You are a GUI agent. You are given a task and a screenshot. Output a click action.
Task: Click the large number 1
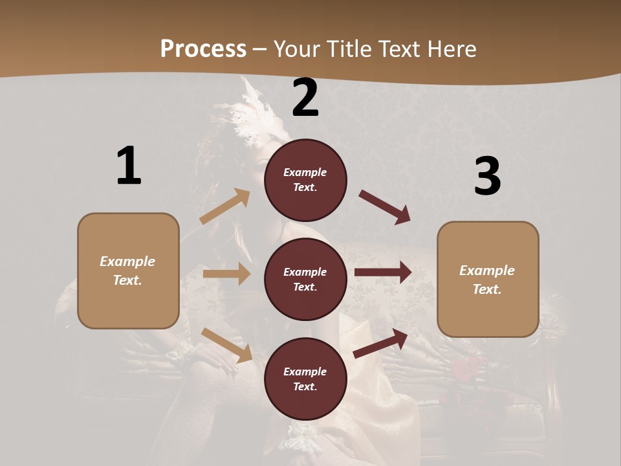point(129,166)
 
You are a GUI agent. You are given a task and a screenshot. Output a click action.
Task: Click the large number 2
point(305,98)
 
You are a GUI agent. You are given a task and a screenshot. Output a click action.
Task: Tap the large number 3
point(487,177)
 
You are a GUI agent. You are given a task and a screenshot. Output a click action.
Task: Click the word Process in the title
point(203,49)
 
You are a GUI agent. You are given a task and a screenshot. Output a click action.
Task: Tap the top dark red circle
point(305,180)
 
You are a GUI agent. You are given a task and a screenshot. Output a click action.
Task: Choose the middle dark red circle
point(305,279)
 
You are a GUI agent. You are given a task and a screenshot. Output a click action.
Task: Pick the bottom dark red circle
point(305,379)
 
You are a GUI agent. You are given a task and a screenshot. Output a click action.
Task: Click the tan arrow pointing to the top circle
point(224,206)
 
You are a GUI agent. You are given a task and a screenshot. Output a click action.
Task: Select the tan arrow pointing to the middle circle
point(226,274)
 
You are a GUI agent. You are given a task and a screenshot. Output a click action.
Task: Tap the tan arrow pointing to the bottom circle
point(227,345)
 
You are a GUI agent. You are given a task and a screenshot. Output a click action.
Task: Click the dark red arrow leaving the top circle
point(385,206)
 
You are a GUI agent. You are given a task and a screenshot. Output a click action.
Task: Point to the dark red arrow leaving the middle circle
point(383,272)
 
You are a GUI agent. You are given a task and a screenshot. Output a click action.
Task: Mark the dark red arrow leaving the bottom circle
point(381,343)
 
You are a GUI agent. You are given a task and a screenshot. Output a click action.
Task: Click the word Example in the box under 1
point(127,261)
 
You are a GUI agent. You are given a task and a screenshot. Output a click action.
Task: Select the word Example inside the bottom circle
point(305,372)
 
